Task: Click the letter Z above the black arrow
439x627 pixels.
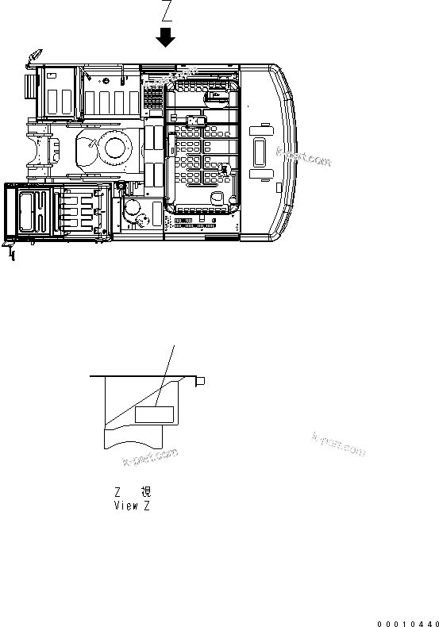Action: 166,12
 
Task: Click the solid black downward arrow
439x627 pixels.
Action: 166,37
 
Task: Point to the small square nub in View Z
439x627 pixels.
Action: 202,381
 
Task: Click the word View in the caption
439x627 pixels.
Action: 126,506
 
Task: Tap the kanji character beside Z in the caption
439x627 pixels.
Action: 145,492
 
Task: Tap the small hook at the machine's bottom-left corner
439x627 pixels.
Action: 10,252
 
